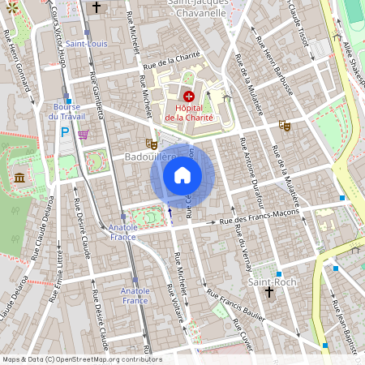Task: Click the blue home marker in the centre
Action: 182,174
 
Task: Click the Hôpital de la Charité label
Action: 189,113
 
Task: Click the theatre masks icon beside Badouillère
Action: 151,144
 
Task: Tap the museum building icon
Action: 19,177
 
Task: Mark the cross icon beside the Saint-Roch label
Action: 269,293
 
